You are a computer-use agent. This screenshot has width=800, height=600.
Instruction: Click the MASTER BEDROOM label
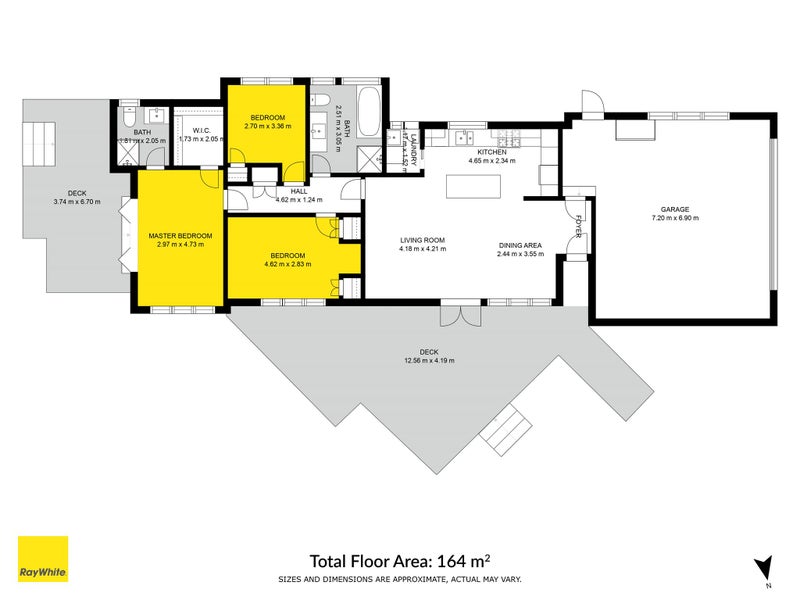tap(180, 235)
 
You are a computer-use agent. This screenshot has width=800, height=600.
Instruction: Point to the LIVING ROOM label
tap(422, 241)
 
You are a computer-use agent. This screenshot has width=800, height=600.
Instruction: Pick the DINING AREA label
tap(519, 245)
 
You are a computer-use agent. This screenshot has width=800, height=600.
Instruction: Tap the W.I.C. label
tap(198, 129)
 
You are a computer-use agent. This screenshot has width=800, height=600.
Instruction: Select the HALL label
tap(299, 190)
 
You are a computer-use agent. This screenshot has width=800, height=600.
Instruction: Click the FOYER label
tap(577, 228)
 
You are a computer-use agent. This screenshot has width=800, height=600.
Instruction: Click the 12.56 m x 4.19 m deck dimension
tap(429, 362)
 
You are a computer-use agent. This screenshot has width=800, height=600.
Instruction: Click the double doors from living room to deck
tap(459, 314)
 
